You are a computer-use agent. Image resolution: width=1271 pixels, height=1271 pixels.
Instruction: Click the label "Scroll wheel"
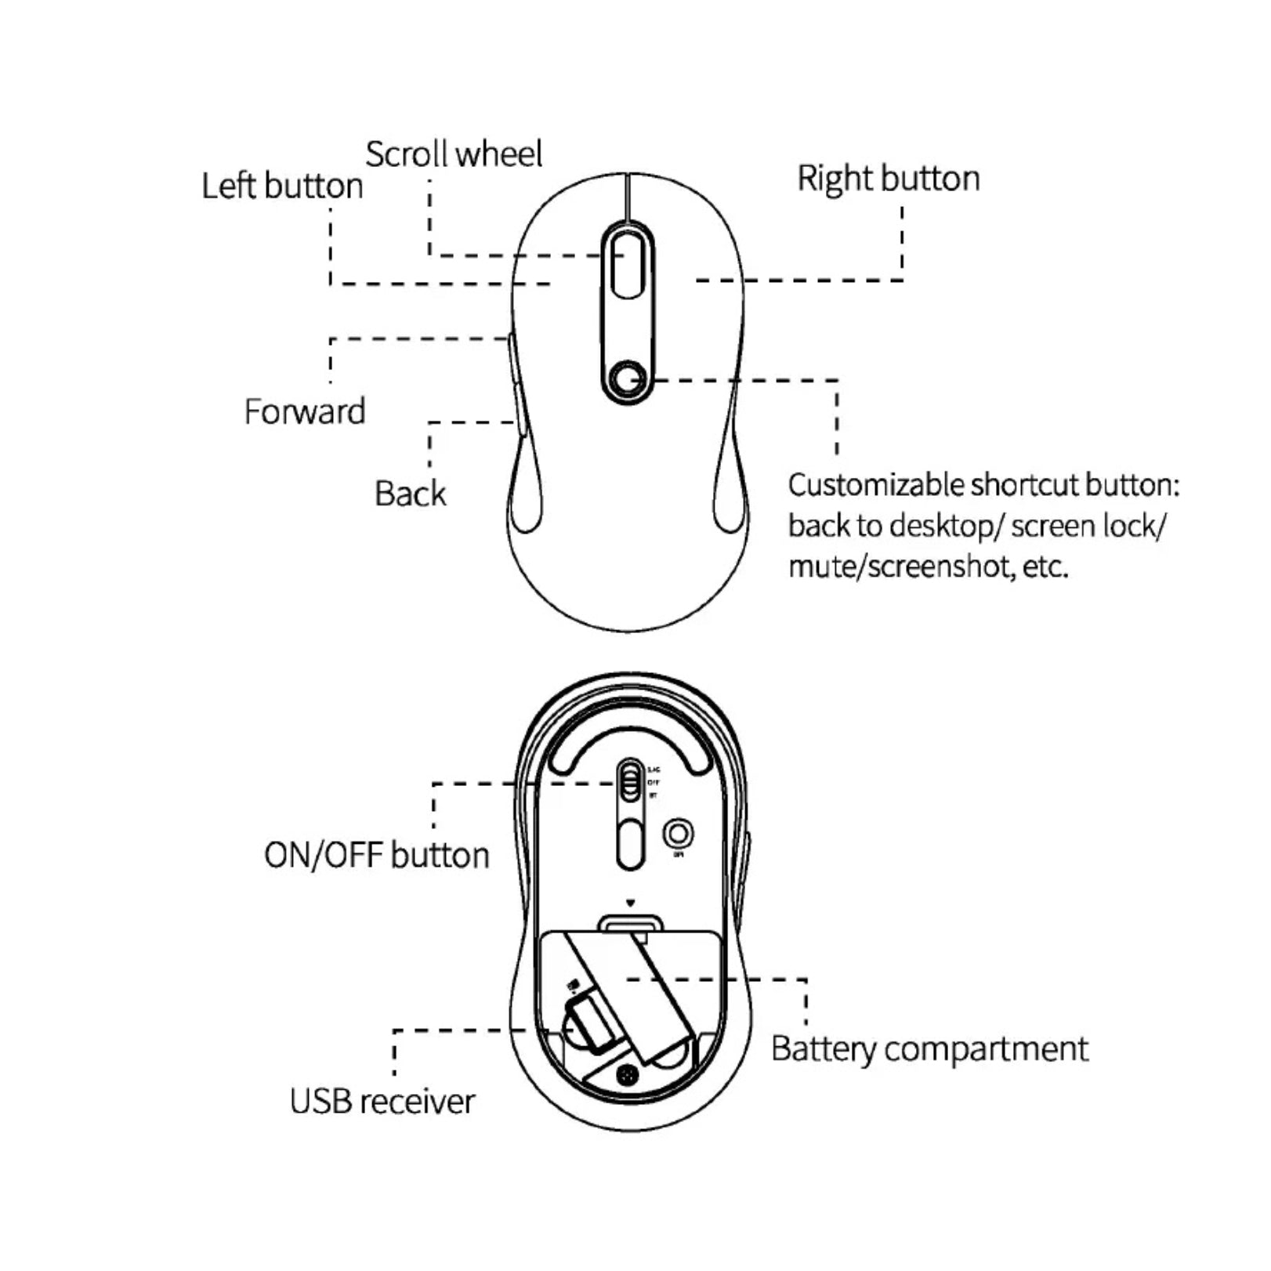click(454, 154)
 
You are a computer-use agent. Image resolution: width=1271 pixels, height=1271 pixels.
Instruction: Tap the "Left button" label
click(282, 186)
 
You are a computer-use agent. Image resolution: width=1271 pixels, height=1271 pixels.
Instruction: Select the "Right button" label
click(889, 179)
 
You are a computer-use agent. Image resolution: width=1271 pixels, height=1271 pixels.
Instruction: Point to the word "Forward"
click(305, 412)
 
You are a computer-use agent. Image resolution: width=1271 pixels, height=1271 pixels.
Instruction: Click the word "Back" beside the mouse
click(410, 494)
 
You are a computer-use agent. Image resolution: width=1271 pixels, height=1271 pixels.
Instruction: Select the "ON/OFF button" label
click(376, 856)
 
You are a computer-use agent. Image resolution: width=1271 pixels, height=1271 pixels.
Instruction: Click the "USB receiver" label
click(382, 1102)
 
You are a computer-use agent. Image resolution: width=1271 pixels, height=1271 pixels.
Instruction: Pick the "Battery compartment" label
click(929, 1049)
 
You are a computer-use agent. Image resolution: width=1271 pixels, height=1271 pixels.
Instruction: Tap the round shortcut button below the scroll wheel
click(627, 380)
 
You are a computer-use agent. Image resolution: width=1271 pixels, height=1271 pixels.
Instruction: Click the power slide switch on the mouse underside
click(629, 781)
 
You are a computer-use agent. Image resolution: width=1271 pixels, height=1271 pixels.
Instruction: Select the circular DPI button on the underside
click(679, 833)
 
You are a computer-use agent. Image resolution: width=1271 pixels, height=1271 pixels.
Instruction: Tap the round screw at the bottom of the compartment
click(626, 1076)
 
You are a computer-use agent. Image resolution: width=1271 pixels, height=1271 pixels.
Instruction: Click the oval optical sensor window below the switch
click(629, 843)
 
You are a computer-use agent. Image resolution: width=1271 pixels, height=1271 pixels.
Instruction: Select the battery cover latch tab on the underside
click(629, 925)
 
